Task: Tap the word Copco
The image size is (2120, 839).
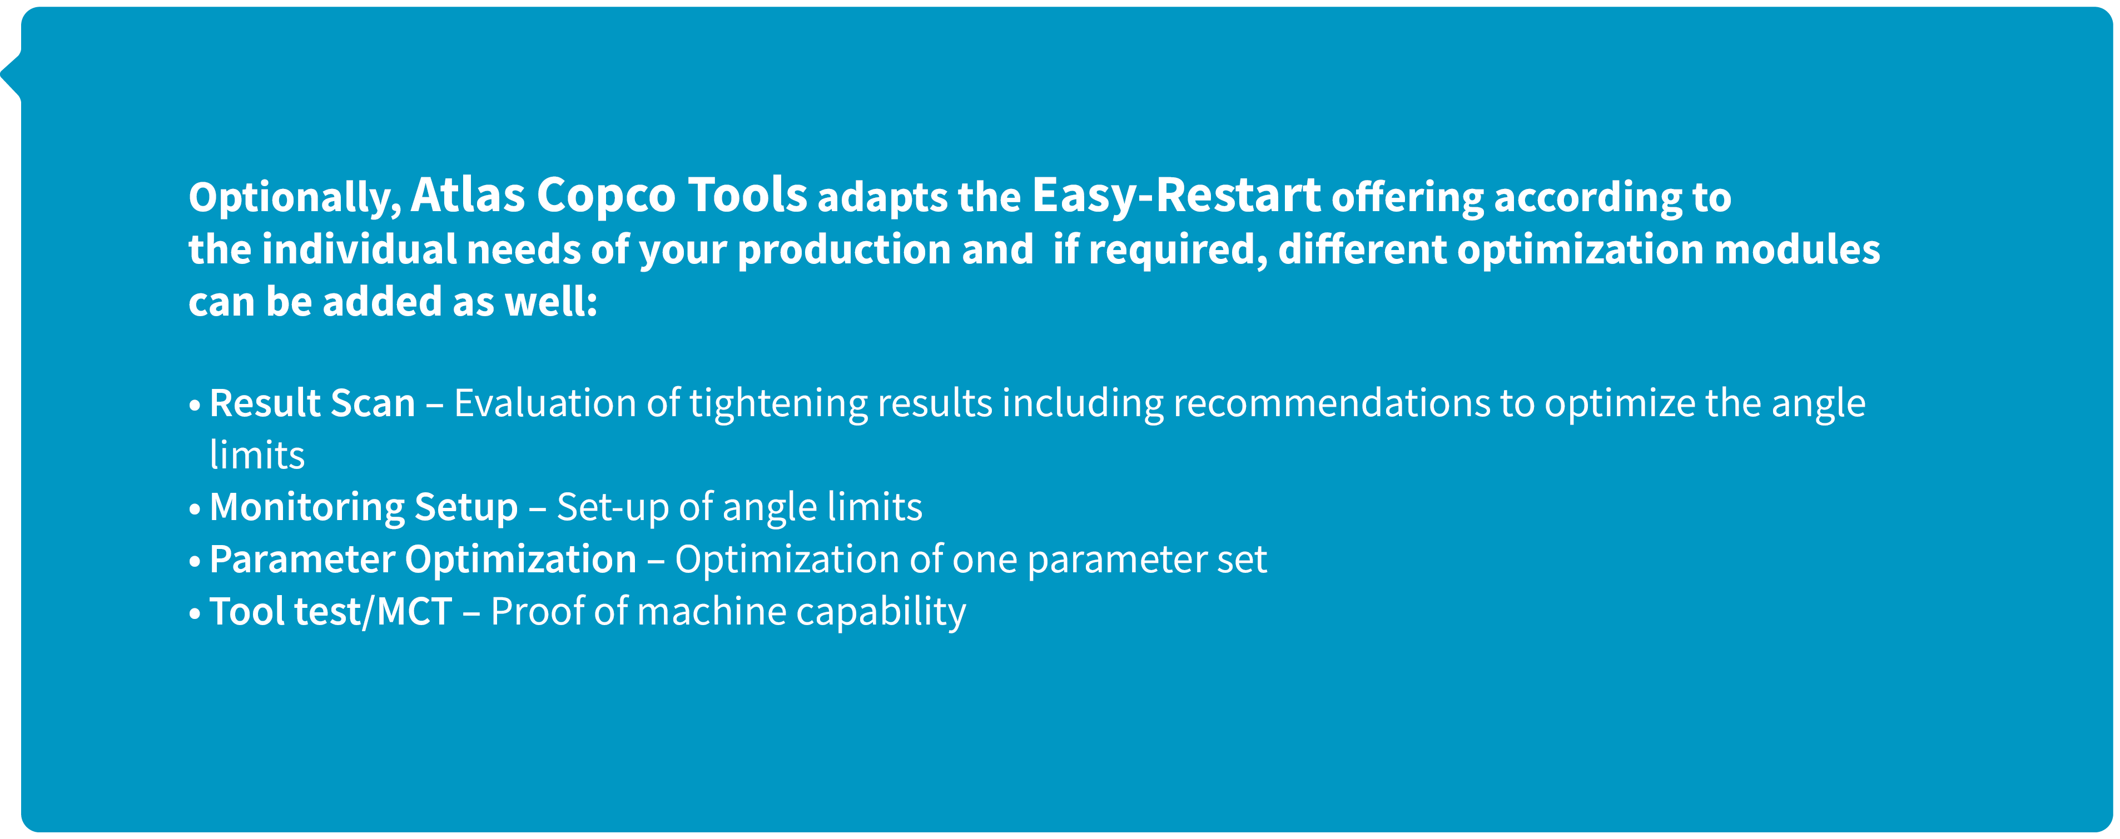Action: (605, 195)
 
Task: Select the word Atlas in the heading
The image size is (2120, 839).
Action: (468, 195)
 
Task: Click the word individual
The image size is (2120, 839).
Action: (359, 249)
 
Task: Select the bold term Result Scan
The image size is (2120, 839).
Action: (312, 403)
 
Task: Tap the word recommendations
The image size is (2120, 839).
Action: (1332, 403)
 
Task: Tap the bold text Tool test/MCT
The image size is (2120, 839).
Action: (331, 612)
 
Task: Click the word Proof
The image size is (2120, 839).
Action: (538, 612)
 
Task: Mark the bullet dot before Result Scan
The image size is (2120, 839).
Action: (195, 404)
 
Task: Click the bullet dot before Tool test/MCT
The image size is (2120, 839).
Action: (195, 613)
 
